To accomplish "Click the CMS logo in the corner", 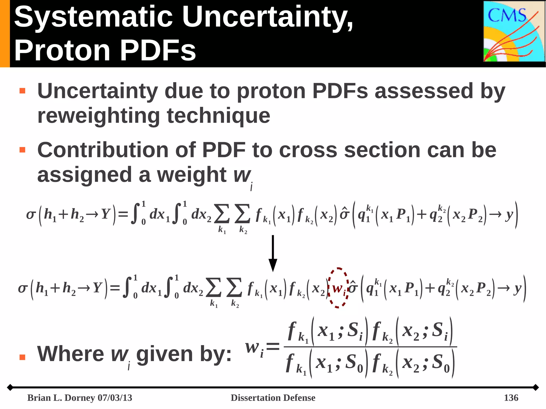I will [x=514, y=31].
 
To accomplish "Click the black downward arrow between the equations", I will [x=273, y=253].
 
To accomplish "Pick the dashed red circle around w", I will [x=338, y=288].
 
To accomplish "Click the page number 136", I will [x=511, y=398].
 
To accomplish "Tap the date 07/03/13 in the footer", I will [x=115, y=398].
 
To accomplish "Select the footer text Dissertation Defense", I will [x=273, y=398].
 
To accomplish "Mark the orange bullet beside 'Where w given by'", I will [x=22, y=357].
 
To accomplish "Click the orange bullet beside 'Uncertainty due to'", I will [x=22, y=91].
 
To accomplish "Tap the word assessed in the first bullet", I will [x=424, y=91].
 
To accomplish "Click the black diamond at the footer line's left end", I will [x=10, y=387].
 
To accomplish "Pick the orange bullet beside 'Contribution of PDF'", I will [x=22, y=150].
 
